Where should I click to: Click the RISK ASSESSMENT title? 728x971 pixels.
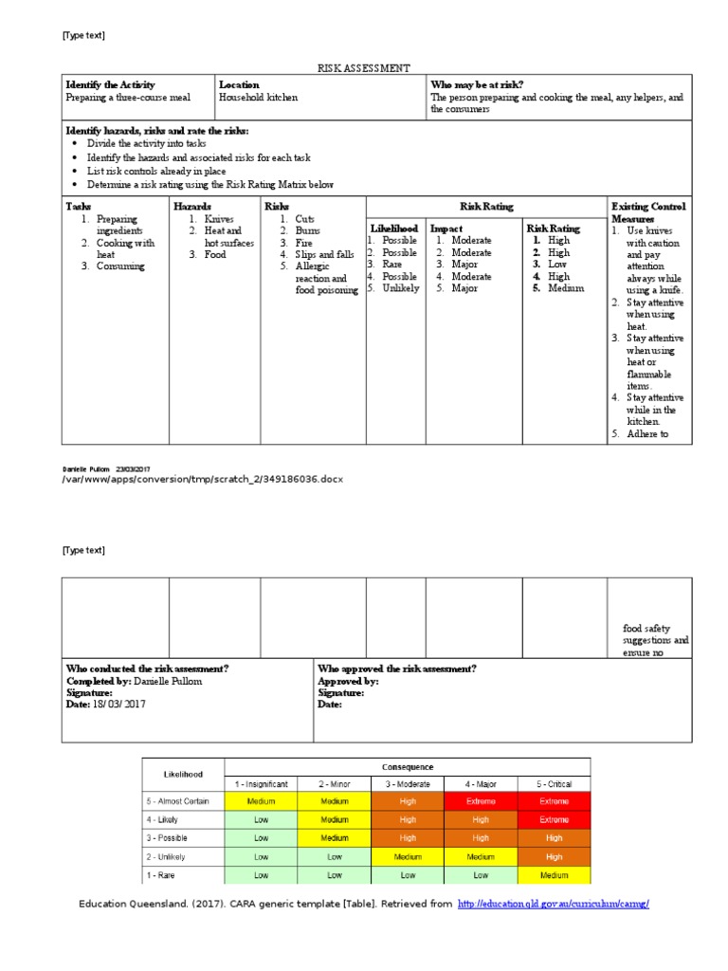pos(363,68)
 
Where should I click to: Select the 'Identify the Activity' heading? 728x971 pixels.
pos(110,84)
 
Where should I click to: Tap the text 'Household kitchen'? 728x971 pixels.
pos(258,97)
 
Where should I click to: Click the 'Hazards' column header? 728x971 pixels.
pos(191,206)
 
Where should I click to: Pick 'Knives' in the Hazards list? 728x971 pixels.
pos(218,219)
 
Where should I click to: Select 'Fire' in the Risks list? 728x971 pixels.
pos(305,243)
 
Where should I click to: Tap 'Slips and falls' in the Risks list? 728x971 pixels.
pos(326,255)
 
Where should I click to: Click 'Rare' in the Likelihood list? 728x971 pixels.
pos(392,265)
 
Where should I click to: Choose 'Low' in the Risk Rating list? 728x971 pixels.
pos(558,265)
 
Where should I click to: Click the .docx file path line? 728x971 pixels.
pos(202,479)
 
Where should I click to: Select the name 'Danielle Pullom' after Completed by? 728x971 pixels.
pos(168,681)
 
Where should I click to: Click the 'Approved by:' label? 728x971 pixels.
pos(348,681)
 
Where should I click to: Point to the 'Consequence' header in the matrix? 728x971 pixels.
pos(408,766)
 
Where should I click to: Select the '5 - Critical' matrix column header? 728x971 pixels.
pos(554,784)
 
